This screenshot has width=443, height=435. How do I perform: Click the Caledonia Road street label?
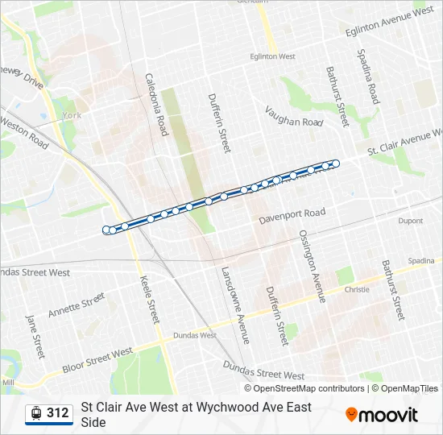(156, 104)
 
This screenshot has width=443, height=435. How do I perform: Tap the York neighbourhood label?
(72, 116)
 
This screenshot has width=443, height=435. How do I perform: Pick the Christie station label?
(356, 288)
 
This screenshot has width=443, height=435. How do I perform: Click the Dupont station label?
(410, 221)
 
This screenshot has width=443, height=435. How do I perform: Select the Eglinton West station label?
(272, 56)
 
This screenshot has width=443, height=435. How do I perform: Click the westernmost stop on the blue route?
(107, 230)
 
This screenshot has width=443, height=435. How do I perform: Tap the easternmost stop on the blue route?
(335, 164)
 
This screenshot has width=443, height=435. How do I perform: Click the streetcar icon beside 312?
(35, 413)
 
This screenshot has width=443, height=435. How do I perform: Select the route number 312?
(58, 413)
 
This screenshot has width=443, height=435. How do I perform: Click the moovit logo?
(382, 415)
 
